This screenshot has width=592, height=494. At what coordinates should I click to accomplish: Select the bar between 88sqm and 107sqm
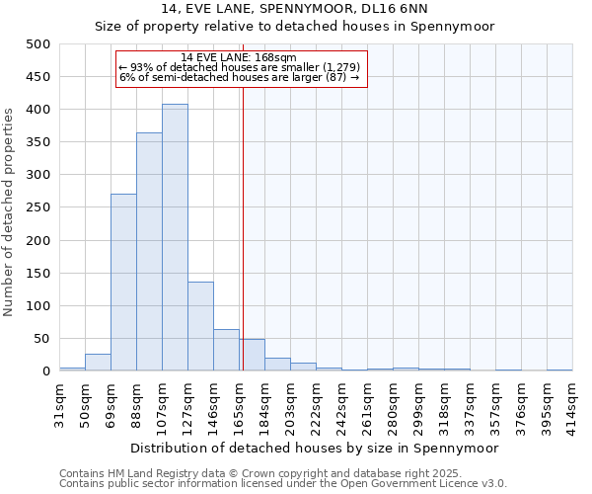149,252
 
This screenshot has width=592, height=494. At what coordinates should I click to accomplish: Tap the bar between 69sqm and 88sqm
123,283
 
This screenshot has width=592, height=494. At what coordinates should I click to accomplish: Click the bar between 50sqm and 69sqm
98,363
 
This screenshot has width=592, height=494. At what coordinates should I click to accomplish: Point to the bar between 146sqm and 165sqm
226,351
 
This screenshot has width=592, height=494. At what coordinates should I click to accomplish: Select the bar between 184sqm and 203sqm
277,365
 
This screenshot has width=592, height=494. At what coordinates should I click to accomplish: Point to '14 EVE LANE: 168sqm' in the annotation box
240,58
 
